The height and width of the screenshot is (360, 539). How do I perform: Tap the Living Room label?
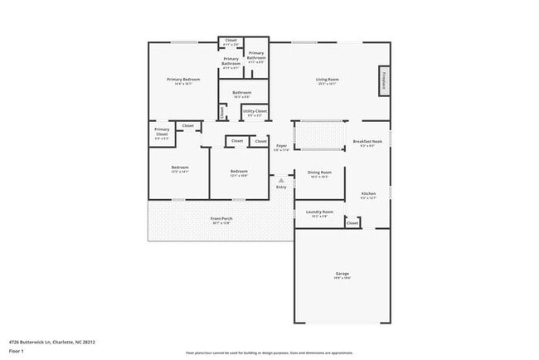pos(328,80)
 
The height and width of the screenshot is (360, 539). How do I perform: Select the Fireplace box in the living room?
pos(385,81)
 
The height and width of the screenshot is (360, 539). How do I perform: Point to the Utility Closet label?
pos(255,111)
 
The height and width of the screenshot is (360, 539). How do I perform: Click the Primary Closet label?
pos(163,134)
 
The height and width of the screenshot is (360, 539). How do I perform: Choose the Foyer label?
pos(282,145)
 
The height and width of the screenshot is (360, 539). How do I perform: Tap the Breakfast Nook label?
pos(367,142)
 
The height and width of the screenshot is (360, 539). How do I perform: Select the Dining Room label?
pos(319,173)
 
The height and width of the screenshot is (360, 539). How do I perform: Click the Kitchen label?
pos(369,193)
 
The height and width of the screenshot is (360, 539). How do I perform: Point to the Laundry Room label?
pos(321,212)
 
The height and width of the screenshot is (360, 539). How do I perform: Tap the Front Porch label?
pos(221,219)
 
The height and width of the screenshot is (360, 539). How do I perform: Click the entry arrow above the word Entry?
pos(281,179)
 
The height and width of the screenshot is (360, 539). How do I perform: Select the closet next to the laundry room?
pos(352,223)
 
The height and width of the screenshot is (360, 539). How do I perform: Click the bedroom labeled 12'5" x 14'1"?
pos(180,168)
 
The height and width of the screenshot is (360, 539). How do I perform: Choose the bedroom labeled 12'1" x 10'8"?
pos(239,172)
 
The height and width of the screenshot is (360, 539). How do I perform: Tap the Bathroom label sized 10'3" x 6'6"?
pos(241,93)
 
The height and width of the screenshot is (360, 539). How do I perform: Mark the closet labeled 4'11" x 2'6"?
pos(231,41)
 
